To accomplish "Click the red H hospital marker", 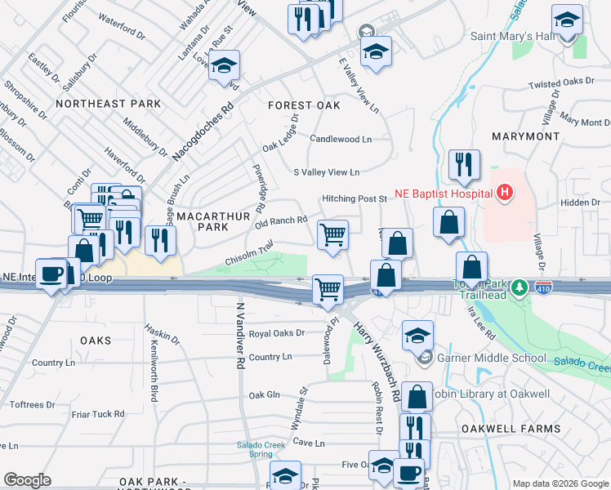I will click(506, 194).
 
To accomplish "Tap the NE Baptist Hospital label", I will click(444, 194).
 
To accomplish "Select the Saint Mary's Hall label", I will click(512, 36).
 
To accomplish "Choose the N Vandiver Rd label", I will click(241, 336).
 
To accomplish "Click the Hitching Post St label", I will click(354, 198).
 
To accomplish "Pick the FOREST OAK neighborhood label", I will click(304, 105).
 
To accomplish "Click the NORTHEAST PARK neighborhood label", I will click(108, 104).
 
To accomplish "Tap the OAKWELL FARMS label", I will click(522, 429).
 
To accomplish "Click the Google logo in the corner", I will click(28, 480).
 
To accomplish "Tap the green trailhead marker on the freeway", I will click(517, 287).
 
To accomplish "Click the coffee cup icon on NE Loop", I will click(53, 274).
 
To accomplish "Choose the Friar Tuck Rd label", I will click(97, 414).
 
